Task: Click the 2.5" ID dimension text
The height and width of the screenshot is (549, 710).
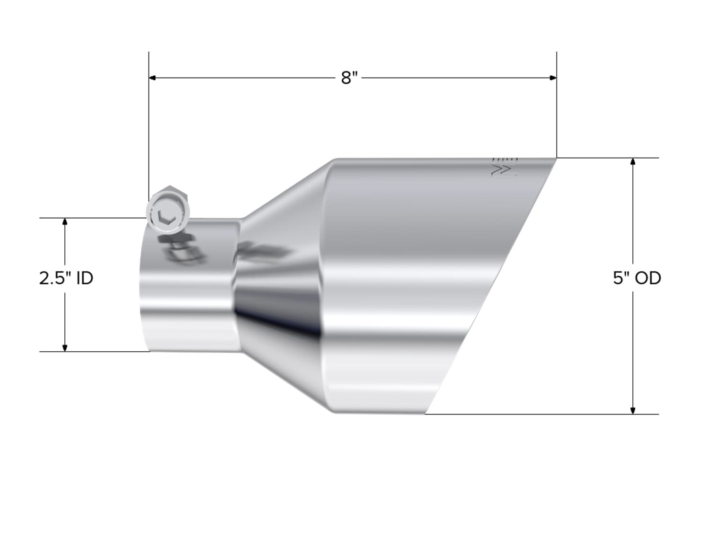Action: pyautogui.click(x=66, y=278)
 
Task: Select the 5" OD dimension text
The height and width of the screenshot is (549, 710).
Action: pyautogui.click(x=637, y=278)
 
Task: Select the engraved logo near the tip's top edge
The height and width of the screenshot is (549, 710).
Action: pyautogui.click(x=505, y=167)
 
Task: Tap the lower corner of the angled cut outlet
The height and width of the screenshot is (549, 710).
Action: pyautogui.click(x=426, y=413)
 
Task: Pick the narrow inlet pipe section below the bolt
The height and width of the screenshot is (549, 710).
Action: pyautogui.click(x=189, y=303)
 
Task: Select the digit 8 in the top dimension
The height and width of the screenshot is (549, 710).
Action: pyautogui.click(x=346, y=78)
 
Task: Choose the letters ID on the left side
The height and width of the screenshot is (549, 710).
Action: pyautogui.click(x=85, y=278)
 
